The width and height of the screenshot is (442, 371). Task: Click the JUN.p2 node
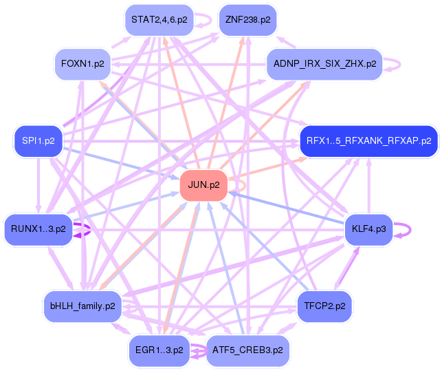click(203, 186)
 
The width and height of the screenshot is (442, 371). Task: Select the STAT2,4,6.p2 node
click(159, 20)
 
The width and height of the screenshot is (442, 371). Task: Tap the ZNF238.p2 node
click(247, 20)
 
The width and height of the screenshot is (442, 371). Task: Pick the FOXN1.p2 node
click(82, 64)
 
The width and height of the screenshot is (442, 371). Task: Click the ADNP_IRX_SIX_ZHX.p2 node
click(324, 64)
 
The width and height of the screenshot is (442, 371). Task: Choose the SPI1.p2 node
click(38, 141)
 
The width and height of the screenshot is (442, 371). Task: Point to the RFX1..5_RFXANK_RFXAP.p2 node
click(368, 141)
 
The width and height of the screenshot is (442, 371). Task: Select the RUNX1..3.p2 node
click(38, 228)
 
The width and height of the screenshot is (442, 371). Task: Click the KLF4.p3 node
click(368, 228)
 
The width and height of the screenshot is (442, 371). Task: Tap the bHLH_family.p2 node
click(82, 306)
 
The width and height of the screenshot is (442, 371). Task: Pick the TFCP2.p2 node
click(324, 306)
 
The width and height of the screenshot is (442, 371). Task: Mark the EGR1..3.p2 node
click(159, 350)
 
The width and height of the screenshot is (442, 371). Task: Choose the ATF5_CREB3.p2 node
click(248, 350)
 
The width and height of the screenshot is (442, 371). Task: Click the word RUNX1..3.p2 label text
click(38, 228)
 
